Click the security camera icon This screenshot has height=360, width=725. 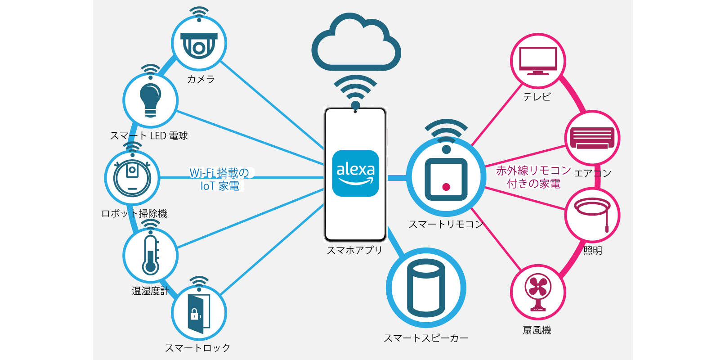(x=199, y=45)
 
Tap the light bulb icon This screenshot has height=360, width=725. (x=150, y=100)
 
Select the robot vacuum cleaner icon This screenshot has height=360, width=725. (x=132, y=178)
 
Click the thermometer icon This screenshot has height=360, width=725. (x=150, y=255)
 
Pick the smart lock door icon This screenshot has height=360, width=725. (x=199, y=313)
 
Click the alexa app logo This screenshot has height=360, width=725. (x=355, y=173)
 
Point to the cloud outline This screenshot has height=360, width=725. (x=356, y=43)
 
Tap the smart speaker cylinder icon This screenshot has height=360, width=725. (x=425, y=288)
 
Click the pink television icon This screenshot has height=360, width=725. (x=537, y=61)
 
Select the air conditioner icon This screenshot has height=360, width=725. (x=592, y=138)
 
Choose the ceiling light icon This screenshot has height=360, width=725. (x=592, y=214)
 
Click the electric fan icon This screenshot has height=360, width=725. (x=538, y=292)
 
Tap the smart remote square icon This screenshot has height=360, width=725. (x=446, y=179)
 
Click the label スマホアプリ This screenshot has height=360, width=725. (x=354, y=250)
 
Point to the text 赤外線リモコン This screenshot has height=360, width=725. (x=533, y=171)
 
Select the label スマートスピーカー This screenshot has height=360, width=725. (x=425, y=338)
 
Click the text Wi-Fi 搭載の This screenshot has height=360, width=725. (x=219, y=173)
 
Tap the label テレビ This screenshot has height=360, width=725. (x=537, y=97)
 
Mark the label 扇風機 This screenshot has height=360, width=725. (x=537, y=330)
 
